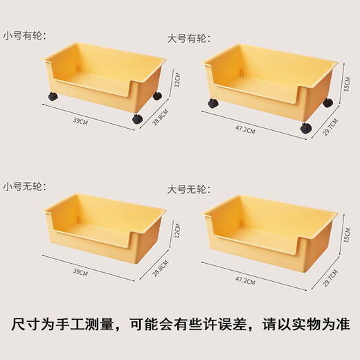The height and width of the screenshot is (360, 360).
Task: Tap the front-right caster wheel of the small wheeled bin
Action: click(x=136, y=119)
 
